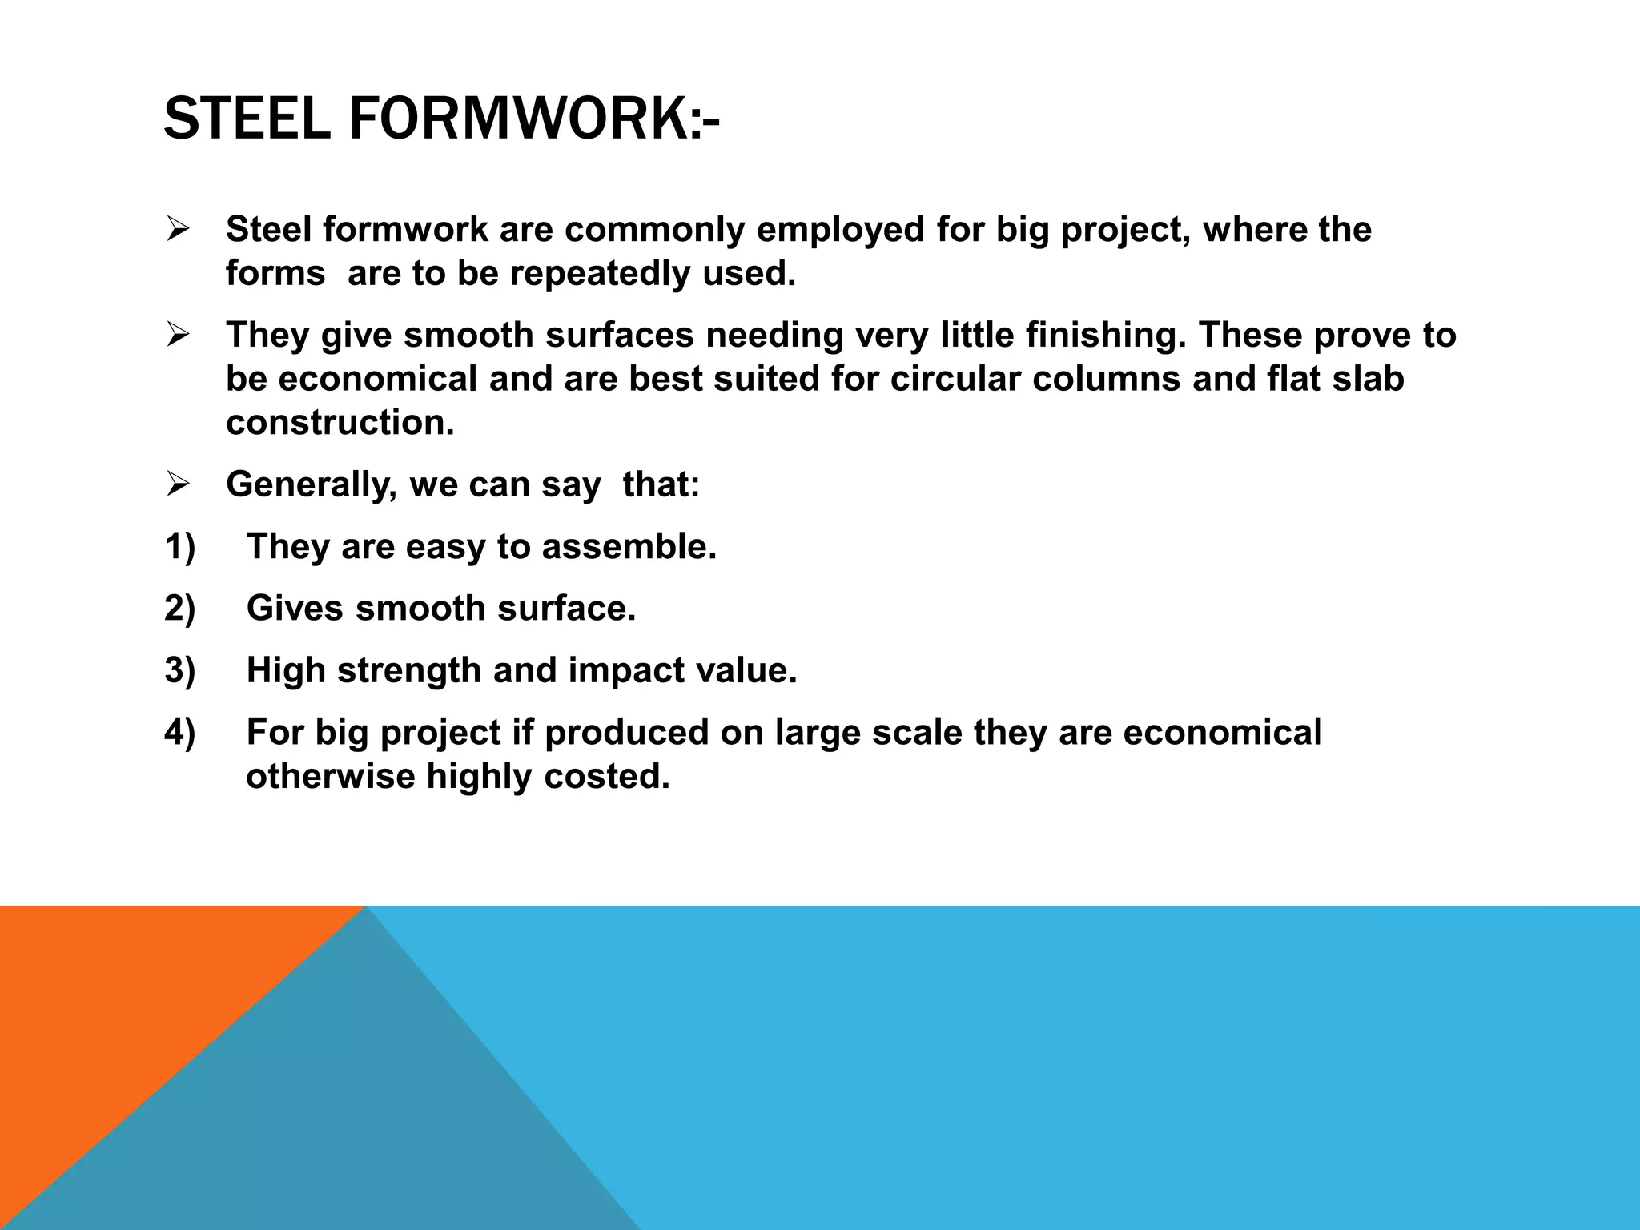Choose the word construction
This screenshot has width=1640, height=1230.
(340, 423)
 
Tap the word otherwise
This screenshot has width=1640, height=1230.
(330, 777)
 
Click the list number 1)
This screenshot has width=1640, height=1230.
(180, 547)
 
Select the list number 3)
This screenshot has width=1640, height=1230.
(180, 671)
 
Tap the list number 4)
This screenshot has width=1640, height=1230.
(180, 733)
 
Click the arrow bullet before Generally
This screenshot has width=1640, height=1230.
(177, 484)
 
